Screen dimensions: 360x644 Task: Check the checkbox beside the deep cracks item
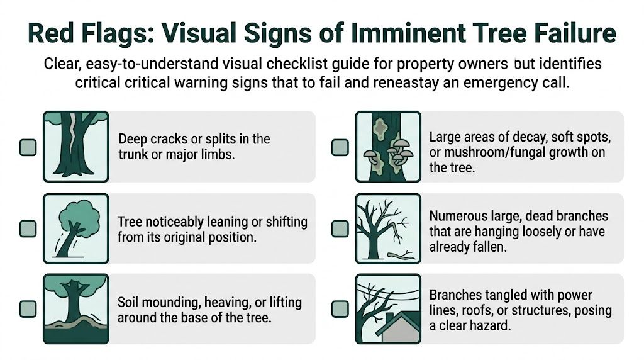28,147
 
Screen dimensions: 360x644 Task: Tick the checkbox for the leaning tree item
28,228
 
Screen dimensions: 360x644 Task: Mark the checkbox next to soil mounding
28,308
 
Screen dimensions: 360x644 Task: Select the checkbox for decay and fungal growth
340,147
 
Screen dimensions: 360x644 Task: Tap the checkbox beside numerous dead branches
340,228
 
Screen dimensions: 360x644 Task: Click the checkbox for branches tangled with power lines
340,308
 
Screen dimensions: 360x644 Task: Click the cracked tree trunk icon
75,146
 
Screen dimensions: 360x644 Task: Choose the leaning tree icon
75,227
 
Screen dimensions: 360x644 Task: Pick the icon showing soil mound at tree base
75,308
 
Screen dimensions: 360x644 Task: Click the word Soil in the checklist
130,302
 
